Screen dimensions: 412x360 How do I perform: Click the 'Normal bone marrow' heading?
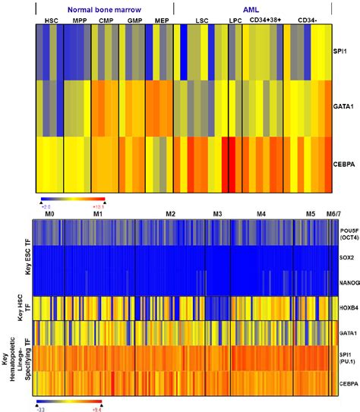point(102,6)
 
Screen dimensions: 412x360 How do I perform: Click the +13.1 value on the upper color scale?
point(96,205)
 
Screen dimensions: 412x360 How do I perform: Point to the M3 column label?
point(219,215)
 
